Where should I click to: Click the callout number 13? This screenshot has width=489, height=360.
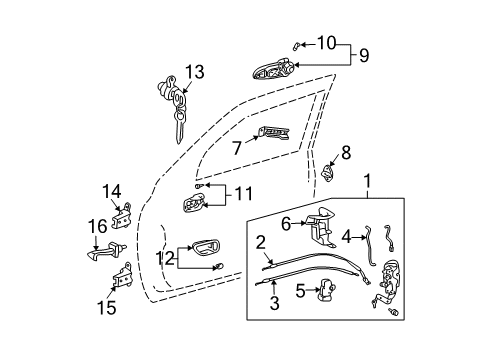point(194,71)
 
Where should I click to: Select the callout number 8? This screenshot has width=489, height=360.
point(346,152)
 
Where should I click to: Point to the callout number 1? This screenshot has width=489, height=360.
point(371,182)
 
